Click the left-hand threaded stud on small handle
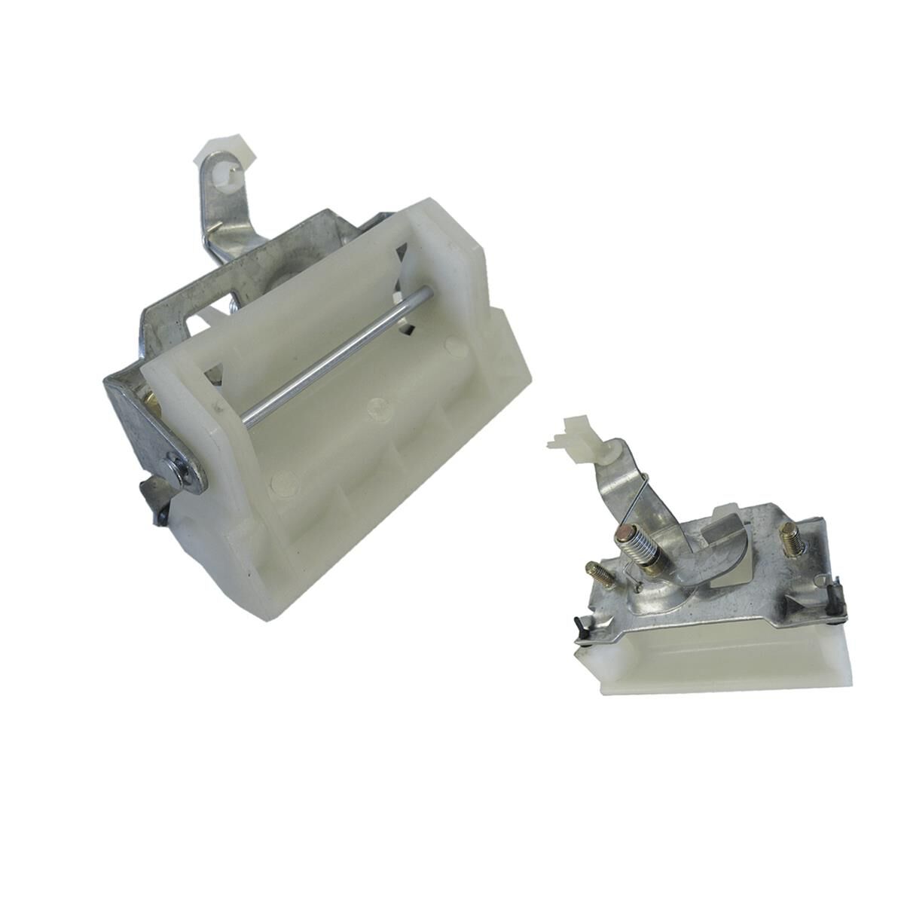tap(600, 576)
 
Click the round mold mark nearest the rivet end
tap(282, 478)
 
